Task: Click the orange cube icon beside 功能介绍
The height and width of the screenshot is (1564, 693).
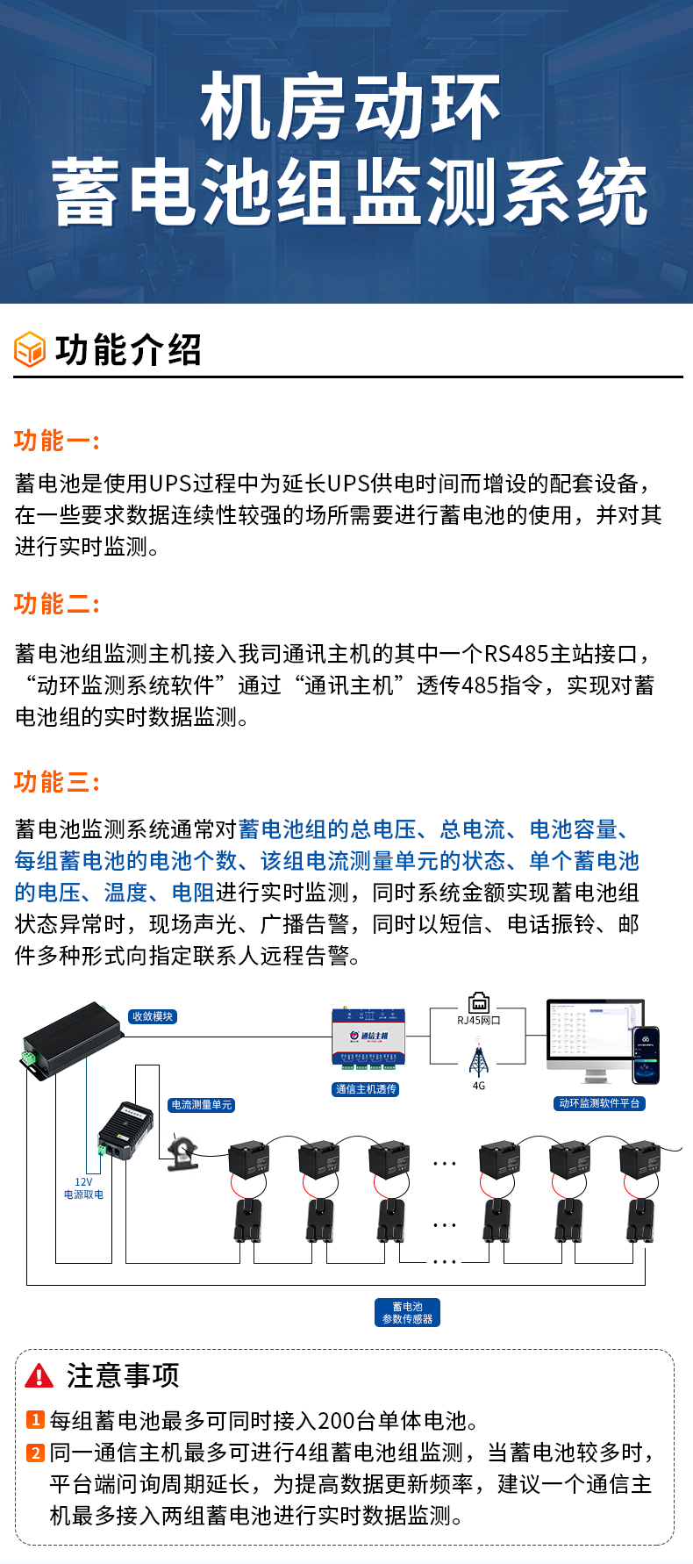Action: coord(30,349)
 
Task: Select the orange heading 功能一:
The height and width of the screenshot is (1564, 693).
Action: coord(57,441)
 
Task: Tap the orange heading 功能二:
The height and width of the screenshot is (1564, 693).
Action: coord(57,604)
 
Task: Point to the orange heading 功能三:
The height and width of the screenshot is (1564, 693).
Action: coord(57,782)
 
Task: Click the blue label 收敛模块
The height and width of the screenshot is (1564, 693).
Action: coord(153,1016)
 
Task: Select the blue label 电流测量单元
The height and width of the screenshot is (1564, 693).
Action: coord(202,1105)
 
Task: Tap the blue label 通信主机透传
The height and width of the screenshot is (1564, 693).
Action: coord(366,1089)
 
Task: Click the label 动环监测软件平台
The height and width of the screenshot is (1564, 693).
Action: coord(600,1103)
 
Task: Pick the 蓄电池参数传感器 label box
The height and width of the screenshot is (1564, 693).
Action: coord(408,1313)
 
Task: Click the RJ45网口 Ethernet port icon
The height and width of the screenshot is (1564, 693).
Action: coord(479,1002)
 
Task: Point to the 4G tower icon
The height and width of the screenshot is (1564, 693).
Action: coord(478,1059)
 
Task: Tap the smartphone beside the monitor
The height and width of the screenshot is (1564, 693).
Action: coord(647,1055)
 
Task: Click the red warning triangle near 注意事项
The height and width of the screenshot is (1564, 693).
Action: coord(39,1375)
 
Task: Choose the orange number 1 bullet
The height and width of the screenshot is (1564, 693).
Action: coord(35,1420)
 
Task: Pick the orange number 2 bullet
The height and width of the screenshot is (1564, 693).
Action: coord(35,1453)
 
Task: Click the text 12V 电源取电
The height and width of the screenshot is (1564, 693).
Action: coord(83,1188)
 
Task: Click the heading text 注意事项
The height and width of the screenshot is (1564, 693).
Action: coord(123,1375)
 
